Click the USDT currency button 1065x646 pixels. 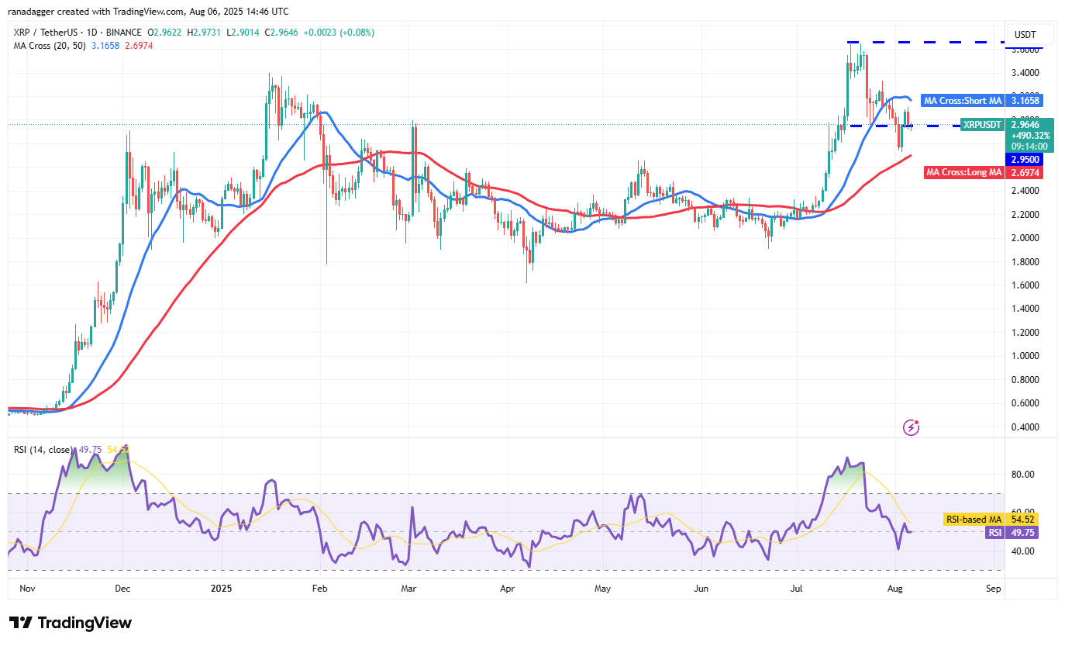[1025, 35]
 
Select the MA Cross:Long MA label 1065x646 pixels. [964, 172]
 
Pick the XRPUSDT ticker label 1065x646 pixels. [982, 124]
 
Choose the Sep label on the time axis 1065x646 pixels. [994, 589]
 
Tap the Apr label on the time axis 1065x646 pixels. [508, 589]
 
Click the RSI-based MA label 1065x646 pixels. [973, 519]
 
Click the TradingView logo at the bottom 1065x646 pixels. [71, 623]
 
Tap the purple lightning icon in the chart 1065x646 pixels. [912, 427]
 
